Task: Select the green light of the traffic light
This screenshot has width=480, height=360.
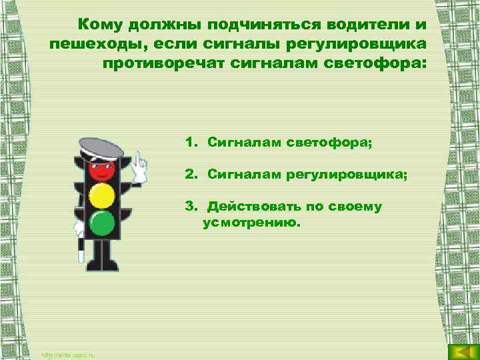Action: click(102, 223)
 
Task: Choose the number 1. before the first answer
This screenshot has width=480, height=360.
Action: click(191, 142)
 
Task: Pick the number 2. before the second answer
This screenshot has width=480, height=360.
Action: click(191, 174)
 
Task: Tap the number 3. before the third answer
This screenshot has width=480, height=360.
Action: click(191, 207)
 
